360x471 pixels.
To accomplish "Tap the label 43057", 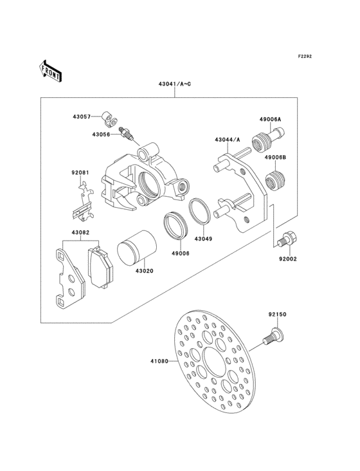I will (81, 116).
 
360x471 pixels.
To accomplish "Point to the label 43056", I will (101, 134).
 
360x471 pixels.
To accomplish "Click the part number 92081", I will (79, 172).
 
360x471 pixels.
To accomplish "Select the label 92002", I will (288, 260).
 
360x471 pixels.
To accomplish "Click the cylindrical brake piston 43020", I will (135, 246).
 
